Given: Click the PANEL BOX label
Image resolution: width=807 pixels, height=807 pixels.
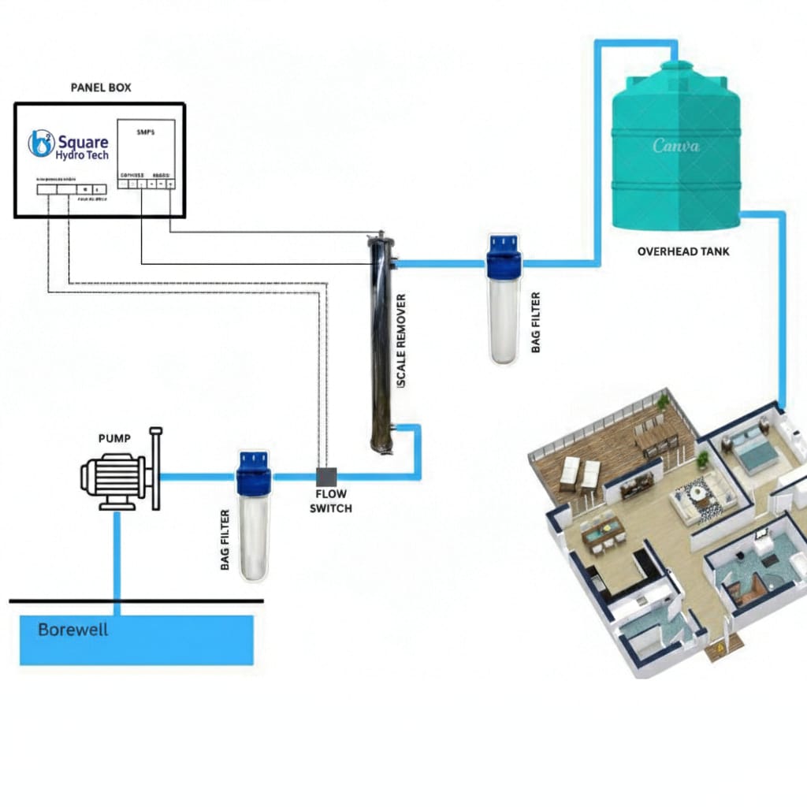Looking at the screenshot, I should click(x=101, y=87).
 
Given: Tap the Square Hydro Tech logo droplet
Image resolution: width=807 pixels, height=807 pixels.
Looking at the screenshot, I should click(x=40, y=143).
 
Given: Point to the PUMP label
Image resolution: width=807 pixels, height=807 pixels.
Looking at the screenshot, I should click(x=114, y=437).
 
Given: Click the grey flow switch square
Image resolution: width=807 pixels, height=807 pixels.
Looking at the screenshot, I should click(x=326, y=477).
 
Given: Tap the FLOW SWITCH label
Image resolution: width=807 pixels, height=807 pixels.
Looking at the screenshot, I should click(x=330, y=502).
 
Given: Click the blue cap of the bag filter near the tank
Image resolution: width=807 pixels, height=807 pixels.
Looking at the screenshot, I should click(x=503, y=248).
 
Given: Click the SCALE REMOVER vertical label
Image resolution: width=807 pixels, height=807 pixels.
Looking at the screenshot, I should click(x=401, y=340).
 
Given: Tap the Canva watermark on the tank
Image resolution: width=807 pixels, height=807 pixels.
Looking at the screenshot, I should click(x=675, y=146).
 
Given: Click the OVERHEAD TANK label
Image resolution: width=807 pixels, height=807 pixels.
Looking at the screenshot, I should click(x=682, y=251).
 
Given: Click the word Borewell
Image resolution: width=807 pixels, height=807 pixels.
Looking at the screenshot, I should click(x=73, y=630).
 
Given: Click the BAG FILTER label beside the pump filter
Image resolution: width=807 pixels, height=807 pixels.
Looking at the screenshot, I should click(x=225, y=540).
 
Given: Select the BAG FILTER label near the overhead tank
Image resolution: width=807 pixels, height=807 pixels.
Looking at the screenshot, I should click(x=536, y=322).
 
